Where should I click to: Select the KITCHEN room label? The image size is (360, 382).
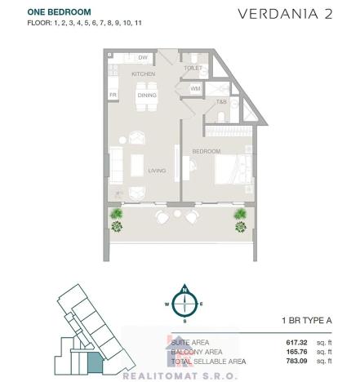(x=144, y=74)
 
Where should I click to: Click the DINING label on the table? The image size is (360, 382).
(x=146, y=95)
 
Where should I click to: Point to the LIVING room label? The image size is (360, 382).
(x=158, y=171)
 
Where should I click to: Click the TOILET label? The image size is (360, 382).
(x=193, y=69)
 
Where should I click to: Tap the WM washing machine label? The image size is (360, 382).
(x=196, y=88)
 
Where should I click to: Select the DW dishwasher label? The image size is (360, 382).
(x=143, y=58)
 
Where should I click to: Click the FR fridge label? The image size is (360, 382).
(x=113, y=95)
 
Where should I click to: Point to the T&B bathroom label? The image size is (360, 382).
(x=221, y=103)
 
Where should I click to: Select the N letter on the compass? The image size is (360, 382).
(x=185, y=291)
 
